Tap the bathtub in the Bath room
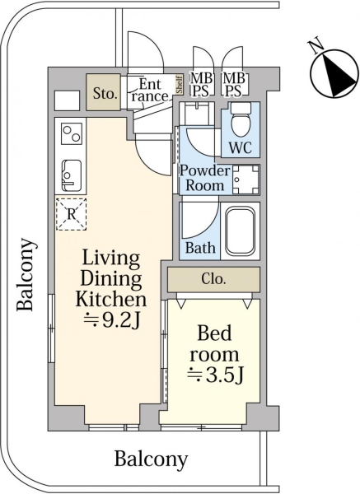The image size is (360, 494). pos(241,231)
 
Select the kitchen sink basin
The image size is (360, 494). pos(72,175)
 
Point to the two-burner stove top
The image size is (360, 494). pos(72,133)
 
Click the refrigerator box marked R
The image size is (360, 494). pos(71,214)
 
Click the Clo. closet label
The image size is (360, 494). pos(213,279)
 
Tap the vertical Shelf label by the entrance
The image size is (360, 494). pos(179,84)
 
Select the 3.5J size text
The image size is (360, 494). pos(215,375)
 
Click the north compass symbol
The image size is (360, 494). pos(334,73)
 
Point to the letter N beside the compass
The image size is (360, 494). pos(316,45)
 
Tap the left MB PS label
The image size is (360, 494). pos(201,84)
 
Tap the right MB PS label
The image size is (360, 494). pos(234,84)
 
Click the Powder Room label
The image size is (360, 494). pos(204,177)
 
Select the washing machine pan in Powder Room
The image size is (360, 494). pos(245,179)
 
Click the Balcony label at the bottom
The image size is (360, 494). pos(151,459)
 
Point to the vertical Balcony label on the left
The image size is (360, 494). pos(26,275)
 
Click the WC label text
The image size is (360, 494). pos(241,147)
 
